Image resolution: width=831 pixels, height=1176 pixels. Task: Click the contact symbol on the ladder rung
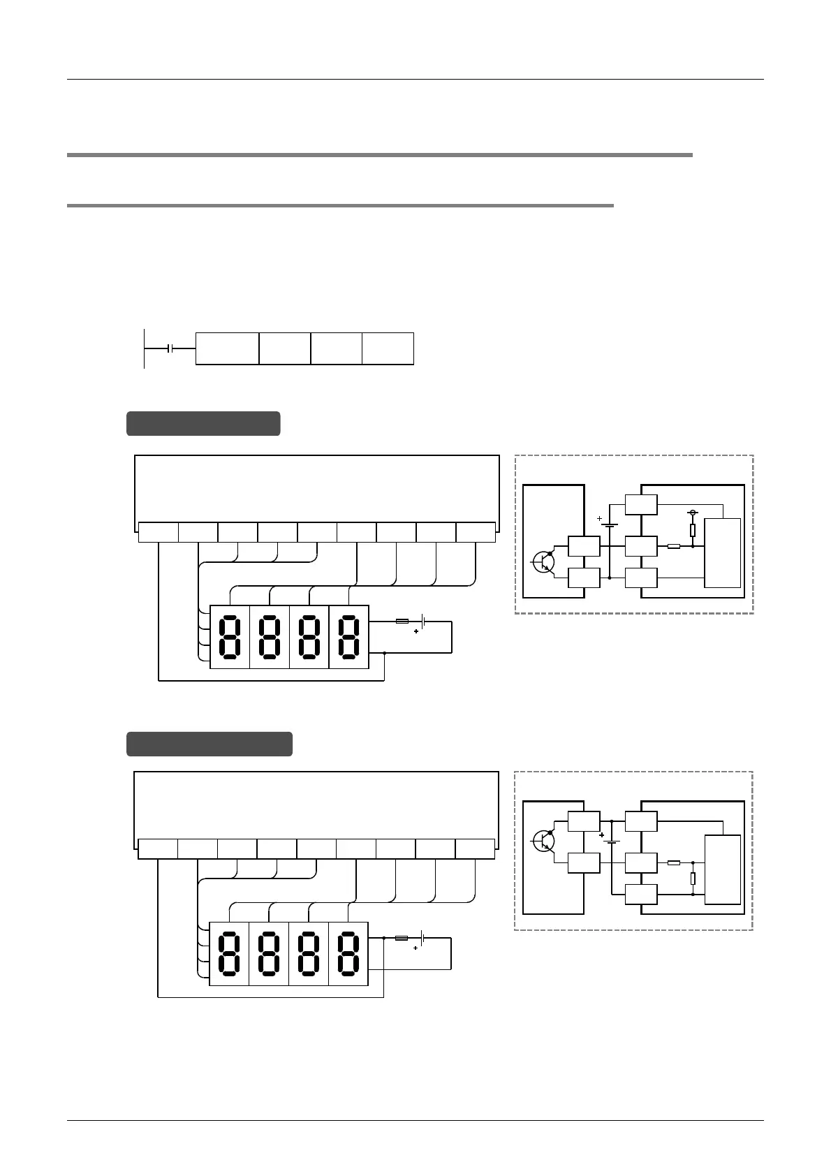pyautogui.click(x=170, y=348)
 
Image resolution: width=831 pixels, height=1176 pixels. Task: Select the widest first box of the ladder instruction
pyautogui.click(x=227, y=348)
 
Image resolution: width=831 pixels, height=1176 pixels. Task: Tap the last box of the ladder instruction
pyautogui.click(x=388, y=348)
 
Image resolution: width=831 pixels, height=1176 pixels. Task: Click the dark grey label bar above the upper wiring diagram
pyautogui.click(x=203, y=423)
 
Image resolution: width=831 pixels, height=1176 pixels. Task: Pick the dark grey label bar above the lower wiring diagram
pyautogui.click(x=209, y=744)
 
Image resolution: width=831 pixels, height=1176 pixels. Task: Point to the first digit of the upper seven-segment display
pyautogui.click(x=230, y=637)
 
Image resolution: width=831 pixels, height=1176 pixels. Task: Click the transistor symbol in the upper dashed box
pyautogui.click(x=543, y=561)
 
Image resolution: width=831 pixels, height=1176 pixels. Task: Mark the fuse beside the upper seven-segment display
pyautogui.click(x=402, y=621)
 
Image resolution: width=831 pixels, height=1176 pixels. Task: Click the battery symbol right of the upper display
pyautogui.click(x=423, y=621)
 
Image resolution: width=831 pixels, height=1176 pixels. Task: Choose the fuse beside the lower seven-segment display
pyautogui.click(x=402, y=938)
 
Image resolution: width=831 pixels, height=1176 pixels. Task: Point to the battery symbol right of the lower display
pyautogui.click(x=422, y=938)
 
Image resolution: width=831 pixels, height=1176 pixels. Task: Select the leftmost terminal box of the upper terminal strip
pyautogui.click(x=158, y=532)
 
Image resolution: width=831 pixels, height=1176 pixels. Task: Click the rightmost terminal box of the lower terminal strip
pyautogui.click(x=475, y=849)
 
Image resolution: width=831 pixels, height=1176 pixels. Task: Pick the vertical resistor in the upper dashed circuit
pyautogui.click(x=693, y=531)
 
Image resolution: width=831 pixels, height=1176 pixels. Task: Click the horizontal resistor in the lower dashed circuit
pyautogui.click(x=674, y=863)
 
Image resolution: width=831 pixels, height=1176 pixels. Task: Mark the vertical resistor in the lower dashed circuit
pyautogui.click(x=693, y=879)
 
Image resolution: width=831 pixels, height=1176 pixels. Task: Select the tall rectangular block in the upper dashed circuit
pyautogui.click(x=723, y=554)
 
